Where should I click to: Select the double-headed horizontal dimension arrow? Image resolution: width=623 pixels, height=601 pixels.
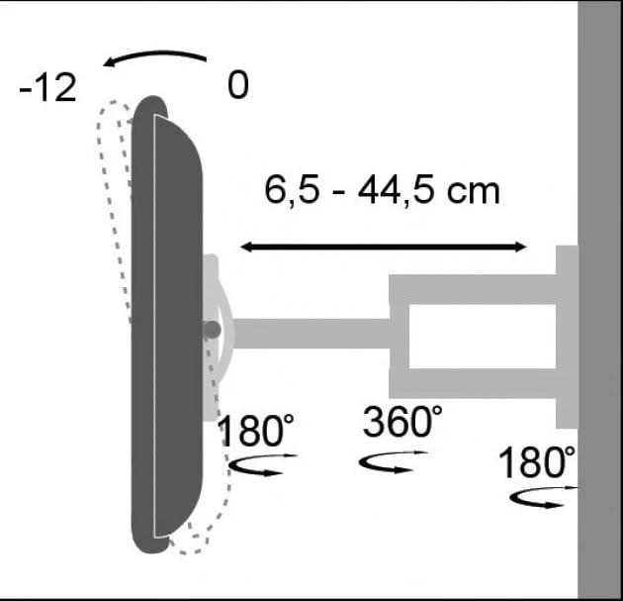click(386, 245)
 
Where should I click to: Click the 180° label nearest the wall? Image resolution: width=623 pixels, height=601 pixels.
click(536, 462)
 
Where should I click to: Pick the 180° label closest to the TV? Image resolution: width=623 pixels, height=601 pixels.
click(256, 433)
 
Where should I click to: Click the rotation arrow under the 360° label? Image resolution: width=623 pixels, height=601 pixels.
click(394, 461)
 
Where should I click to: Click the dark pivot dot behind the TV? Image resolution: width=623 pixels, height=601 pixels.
click(211, 331)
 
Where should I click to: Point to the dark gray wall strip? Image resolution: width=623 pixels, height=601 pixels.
click(600, 297)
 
